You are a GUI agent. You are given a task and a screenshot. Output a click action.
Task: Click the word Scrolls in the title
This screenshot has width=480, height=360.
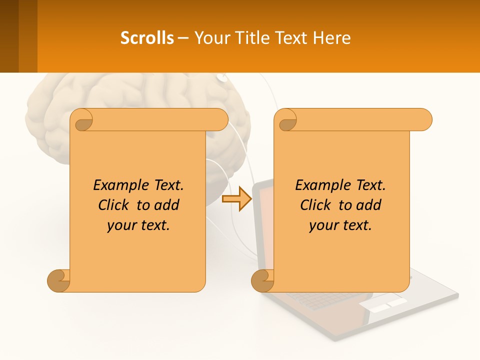coord(147,38)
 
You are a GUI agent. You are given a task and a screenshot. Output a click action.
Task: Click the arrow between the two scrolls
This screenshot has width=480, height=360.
coord(236,198)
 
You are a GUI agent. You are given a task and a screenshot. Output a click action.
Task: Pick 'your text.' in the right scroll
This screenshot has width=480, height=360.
coord(340,225)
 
